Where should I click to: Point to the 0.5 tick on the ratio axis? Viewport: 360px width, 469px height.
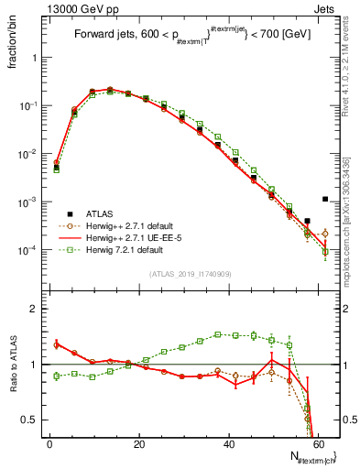click(x=33, y=420)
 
